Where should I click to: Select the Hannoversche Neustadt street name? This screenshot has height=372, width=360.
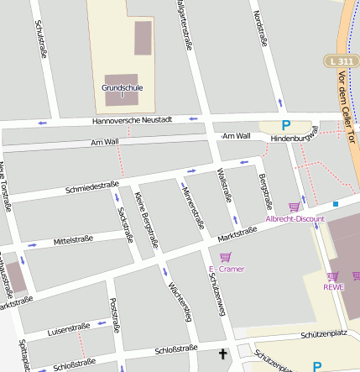click(x=133, y=121)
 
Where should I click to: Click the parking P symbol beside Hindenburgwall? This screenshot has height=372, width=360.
click(x=285, y=125)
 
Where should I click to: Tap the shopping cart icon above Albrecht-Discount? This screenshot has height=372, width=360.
click(x=294, y=207)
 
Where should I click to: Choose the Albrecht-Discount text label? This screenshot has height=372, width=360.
click(x=295, y=218)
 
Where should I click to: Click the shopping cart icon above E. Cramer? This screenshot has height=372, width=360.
click(x=224, y=257)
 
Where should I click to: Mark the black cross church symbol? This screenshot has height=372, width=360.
click(x=222, y=354)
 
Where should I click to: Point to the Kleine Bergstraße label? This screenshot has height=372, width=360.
click(x=147, y=216)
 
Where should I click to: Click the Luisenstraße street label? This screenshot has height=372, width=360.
click(x=69, y=327)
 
